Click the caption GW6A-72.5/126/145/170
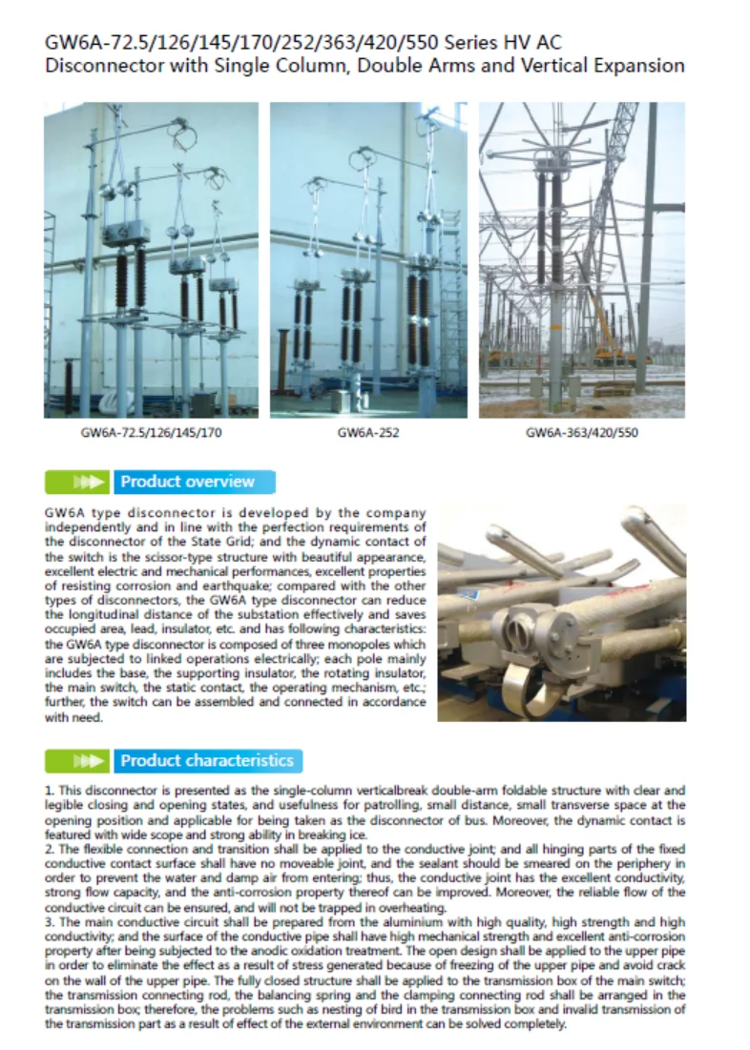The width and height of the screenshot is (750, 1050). (x=152, y=433)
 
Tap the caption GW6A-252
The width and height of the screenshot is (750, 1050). (x=368, y=433)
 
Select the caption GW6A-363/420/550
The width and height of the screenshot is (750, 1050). (x=581, y=433)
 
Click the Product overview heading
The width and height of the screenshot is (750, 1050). (x=188, y=482)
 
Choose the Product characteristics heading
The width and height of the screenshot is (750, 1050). (x=207, y=761)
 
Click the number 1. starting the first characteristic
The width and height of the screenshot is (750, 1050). (x=50, y=792)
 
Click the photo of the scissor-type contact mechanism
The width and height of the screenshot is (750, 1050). (x=561, y=612)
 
